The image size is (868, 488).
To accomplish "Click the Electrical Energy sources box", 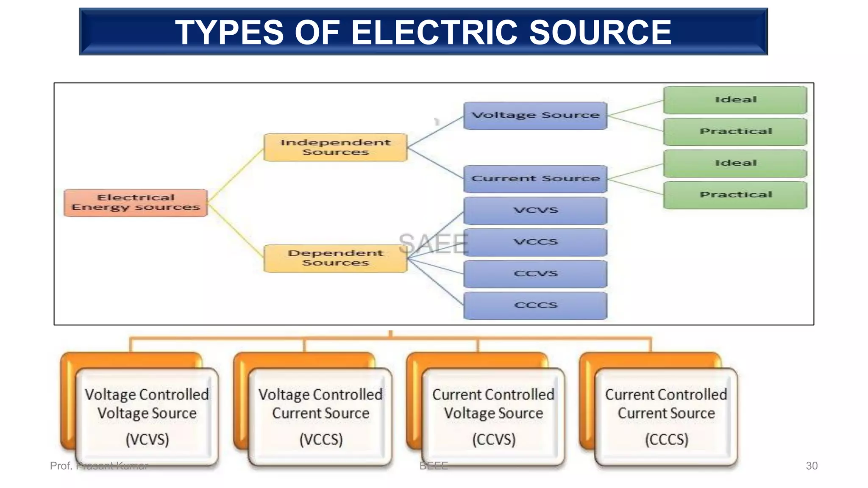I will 136,202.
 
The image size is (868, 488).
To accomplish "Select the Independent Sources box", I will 335,147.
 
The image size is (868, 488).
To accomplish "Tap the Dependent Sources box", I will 335,258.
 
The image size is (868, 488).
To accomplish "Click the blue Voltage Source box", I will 535,115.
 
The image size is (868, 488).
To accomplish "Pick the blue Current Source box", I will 535,179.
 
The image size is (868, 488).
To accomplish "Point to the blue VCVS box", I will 535,211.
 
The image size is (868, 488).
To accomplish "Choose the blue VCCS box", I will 535,242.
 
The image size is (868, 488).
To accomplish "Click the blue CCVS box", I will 535,274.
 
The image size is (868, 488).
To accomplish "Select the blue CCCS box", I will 535,305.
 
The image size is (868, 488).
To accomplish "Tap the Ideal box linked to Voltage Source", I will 735,100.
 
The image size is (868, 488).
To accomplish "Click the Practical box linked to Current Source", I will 735,195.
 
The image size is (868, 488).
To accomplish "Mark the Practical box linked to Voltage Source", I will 735,132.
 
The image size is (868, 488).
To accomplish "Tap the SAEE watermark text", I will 433,244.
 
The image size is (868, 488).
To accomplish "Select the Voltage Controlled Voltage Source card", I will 147,417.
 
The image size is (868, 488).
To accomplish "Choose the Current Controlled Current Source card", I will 666,417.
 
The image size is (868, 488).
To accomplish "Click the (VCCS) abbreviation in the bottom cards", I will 321,439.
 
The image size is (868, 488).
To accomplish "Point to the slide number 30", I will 811,466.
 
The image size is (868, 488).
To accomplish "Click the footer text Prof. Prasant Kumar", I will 99,466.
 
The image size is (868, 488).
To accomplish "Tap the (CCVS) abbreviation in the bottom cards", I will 494,439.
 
